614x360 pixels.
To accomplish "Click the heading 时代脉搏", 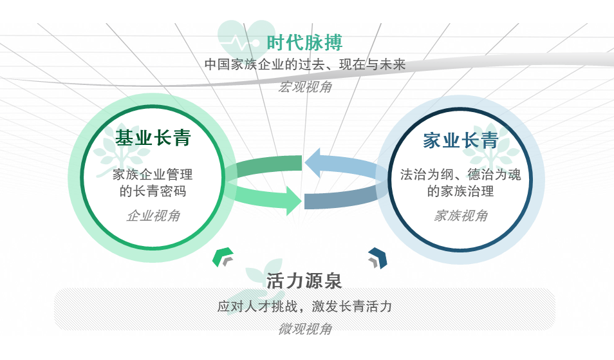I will (x=304, y=43).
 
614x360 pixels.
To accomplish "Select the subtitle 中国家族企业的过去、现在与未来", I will (x=305, y=65).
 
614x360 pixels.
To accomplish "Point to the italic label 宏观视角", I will (x=305, y=87).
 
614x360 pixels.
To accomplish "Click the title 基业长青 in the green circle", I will (x=153, y=138).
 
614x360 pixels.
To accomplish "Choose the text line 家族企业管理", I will (x=153, y=174).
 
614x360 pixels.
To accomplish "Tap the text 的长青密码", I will (x=153, y=191).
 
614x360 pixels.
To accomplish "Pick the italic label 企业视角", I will (x=153, y=216).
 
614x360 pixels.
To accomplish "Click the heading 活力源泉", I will (x=304, y=281).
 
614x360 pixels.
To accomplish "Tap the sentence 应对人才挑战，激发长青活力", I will (x=304, y=307).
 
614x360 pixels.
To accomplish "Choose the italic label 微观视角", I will (x=305, y=329).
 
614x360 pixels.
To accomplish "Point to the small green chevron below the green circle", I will (x=223, y=256).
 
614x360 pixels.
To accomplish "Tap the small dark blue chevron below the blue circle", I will (x=377, y=257).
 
